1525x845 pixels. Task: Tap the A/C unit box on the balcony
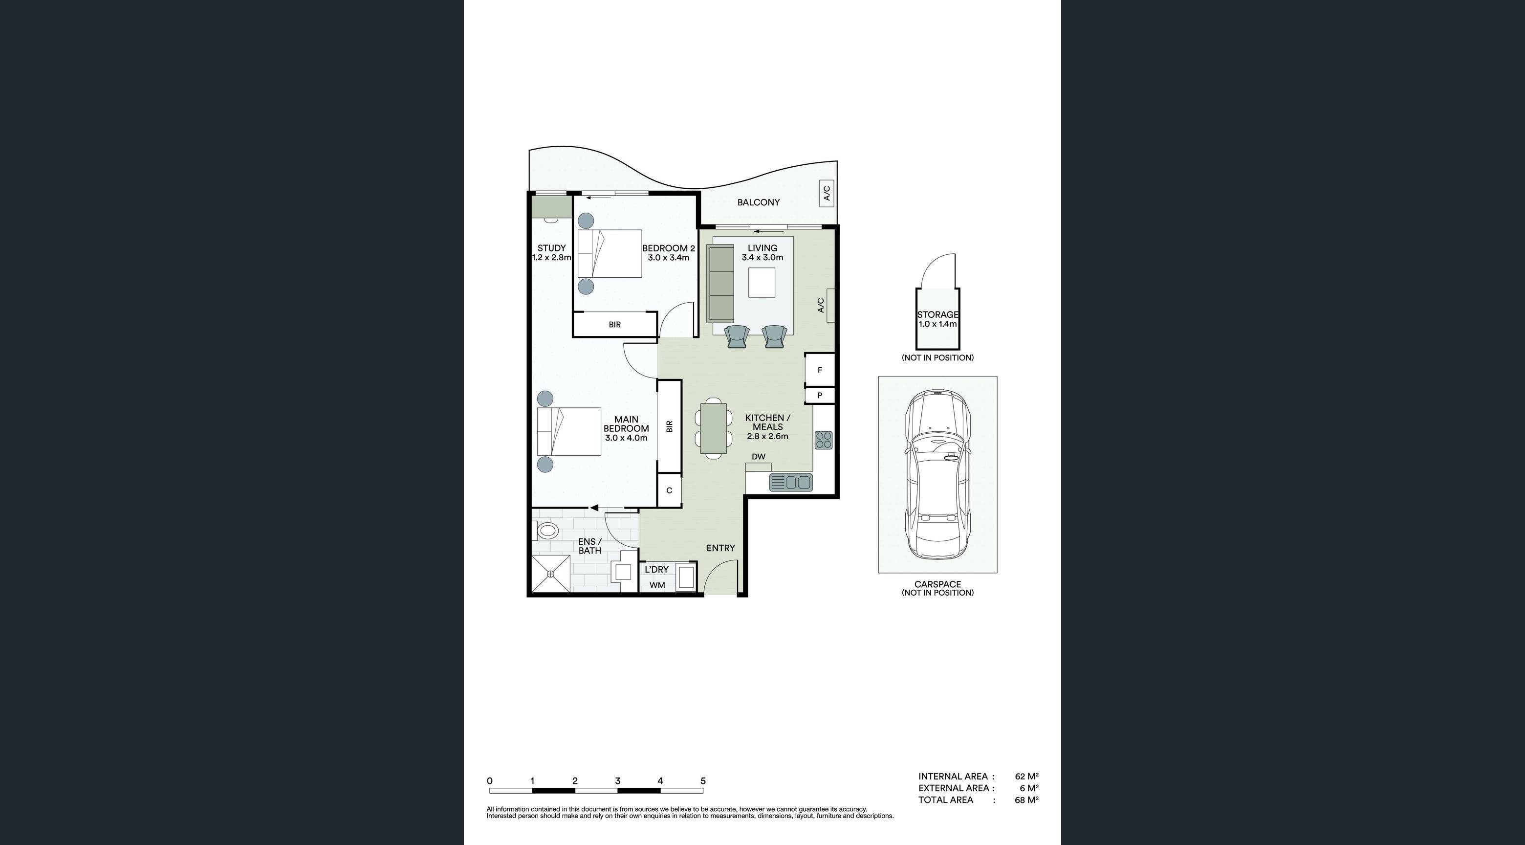[x=827, y=193]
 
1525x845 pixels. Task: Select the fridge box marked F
[x=819, y=370]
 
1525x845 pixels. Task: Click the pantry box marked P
[x=819, y=395]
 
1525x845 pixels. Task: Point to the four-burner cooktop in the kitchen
[x=824, y=440]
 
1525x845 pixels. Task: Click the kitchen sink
[x=791, y=482]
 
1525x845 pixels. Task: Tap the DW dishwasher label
[x=759, y=457]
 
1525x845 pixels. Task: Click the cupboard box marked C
[x=669, y=490]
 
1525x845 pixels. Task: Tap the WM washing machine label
[x=657, y=585]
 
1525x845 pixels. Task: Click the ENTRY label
[x=720, y=548]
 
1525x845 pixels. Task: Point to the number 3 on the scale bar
[x=617, y=781]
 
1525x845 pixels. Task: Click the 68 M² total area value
[x=1026, y=800]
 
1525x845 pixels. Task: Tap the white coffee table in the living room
[x=762, y=283]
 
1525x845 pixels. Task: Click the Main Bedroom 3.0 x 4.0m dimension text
[x=626, y=438]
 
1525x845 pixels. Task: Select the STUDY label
[x=551, y=248]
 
